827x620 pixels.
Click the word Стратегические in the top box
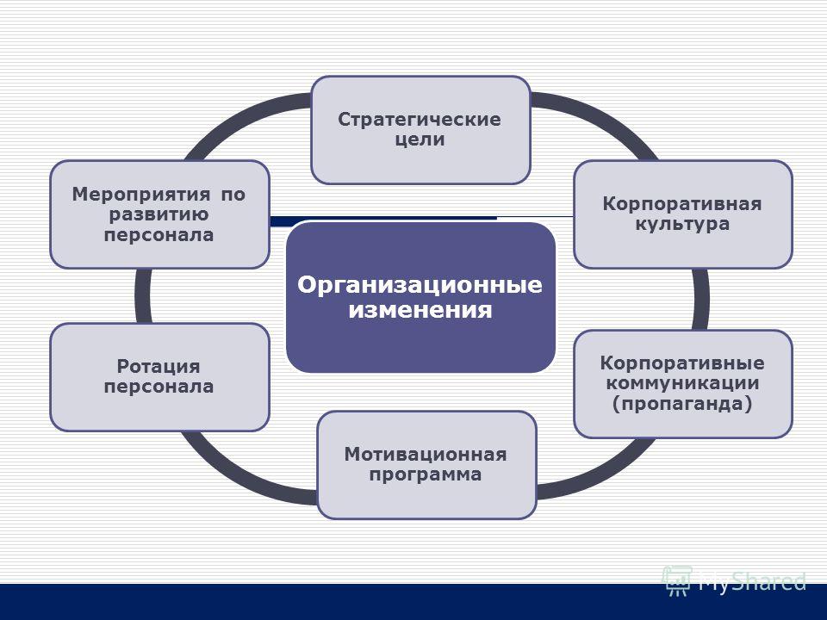420,120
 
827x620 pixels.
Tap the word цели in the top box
420,139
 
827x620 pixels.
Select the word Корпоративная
682,205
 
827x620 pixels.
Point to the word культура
682,224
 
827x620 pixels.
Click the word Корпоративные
682,363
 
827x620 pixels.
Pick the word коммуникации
682,383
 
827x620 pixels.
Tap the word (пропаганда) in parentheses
682,404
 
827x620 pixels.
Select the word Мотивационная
426,455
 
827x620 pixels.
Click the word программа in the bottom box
425,474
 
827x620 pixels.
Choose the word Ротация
159,367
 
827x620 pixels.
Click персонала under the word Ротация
159,387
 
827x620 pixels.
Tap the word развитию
159,214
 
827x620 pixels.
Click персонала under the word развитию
159,234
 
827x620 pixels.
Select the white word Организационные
420,285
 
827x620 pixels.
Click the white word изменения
420,309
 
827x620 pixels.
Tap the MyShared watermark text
752,582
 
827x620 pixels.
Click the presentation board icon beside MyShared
677,581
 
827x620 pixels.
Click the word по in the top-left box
233,195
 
